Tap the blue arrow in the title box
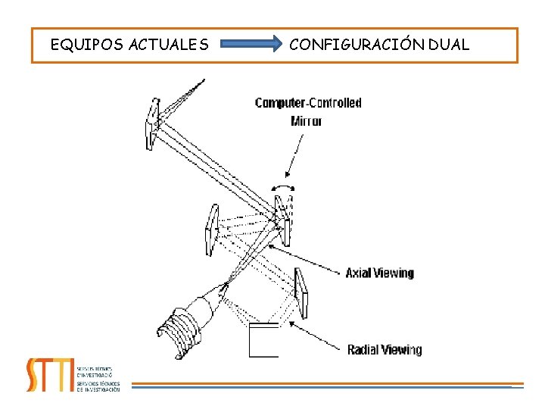coord(250,45)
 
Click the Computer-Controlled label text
coord(308,103)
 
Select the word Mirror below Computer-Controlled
coord(307,120)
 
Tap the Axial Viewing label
coord(380,273)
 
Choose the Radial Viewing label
coord(385,349)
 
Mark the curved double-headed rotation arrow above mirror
coord(284,186)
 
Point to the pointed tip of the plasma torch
coord(226,286)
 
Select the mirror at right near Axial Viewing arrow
coord(301,294)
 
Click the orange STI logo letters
coord(50,374)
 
